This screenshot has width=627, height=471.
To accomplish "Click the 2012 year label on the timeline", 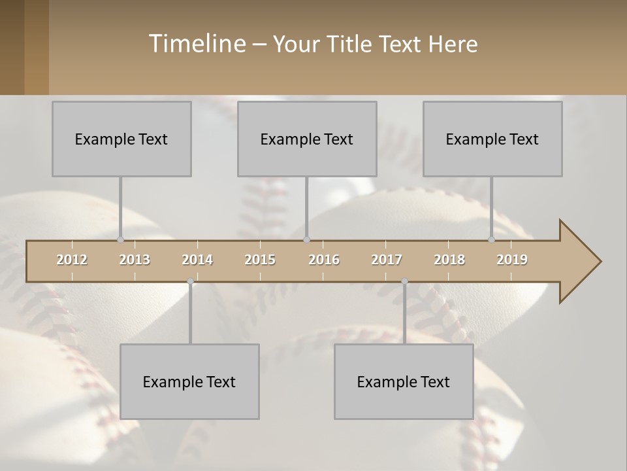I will point(72,260).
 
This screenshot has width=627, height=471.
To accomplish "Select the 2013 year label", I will point(135,260).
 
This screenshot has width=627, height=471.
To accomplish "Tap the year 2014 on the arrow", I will point(197,260).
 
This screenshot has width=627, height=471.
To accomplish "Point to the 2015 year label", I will point(260,260).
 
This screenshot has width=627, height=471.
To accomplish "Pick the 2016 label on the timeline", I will point(324,260).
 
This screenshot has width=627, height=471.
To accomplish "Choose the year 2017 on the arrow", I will point(387,260).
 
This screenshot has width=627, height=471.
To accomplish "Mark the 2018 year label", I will point(449,260).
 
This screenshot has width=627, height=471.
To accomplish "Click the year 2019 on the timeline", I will point(512,260).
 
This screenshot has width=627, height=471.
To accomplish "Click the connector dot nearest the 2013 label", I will point(120,239).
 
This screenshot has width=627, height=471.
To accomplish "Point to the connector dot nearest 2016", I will point(307,239).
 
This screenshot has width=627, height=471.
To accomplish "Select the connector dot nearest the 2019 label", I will point(492,239).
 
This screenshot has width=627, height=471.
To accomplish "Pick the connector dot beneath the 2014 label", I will point(190,281).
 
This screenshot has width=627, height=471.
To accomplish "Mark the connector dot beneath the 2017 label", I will point(404,281).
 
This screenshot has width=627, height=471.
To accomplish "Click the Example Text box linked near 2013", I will point(121,139).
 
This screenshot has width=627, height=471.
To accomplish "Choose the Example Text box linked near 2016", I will point(307,139).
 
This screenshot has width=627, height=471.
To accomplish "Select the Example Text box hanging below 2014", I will point(189,381).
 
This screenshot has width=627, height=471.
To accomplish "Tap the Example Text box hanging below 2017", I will point(404,381).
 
